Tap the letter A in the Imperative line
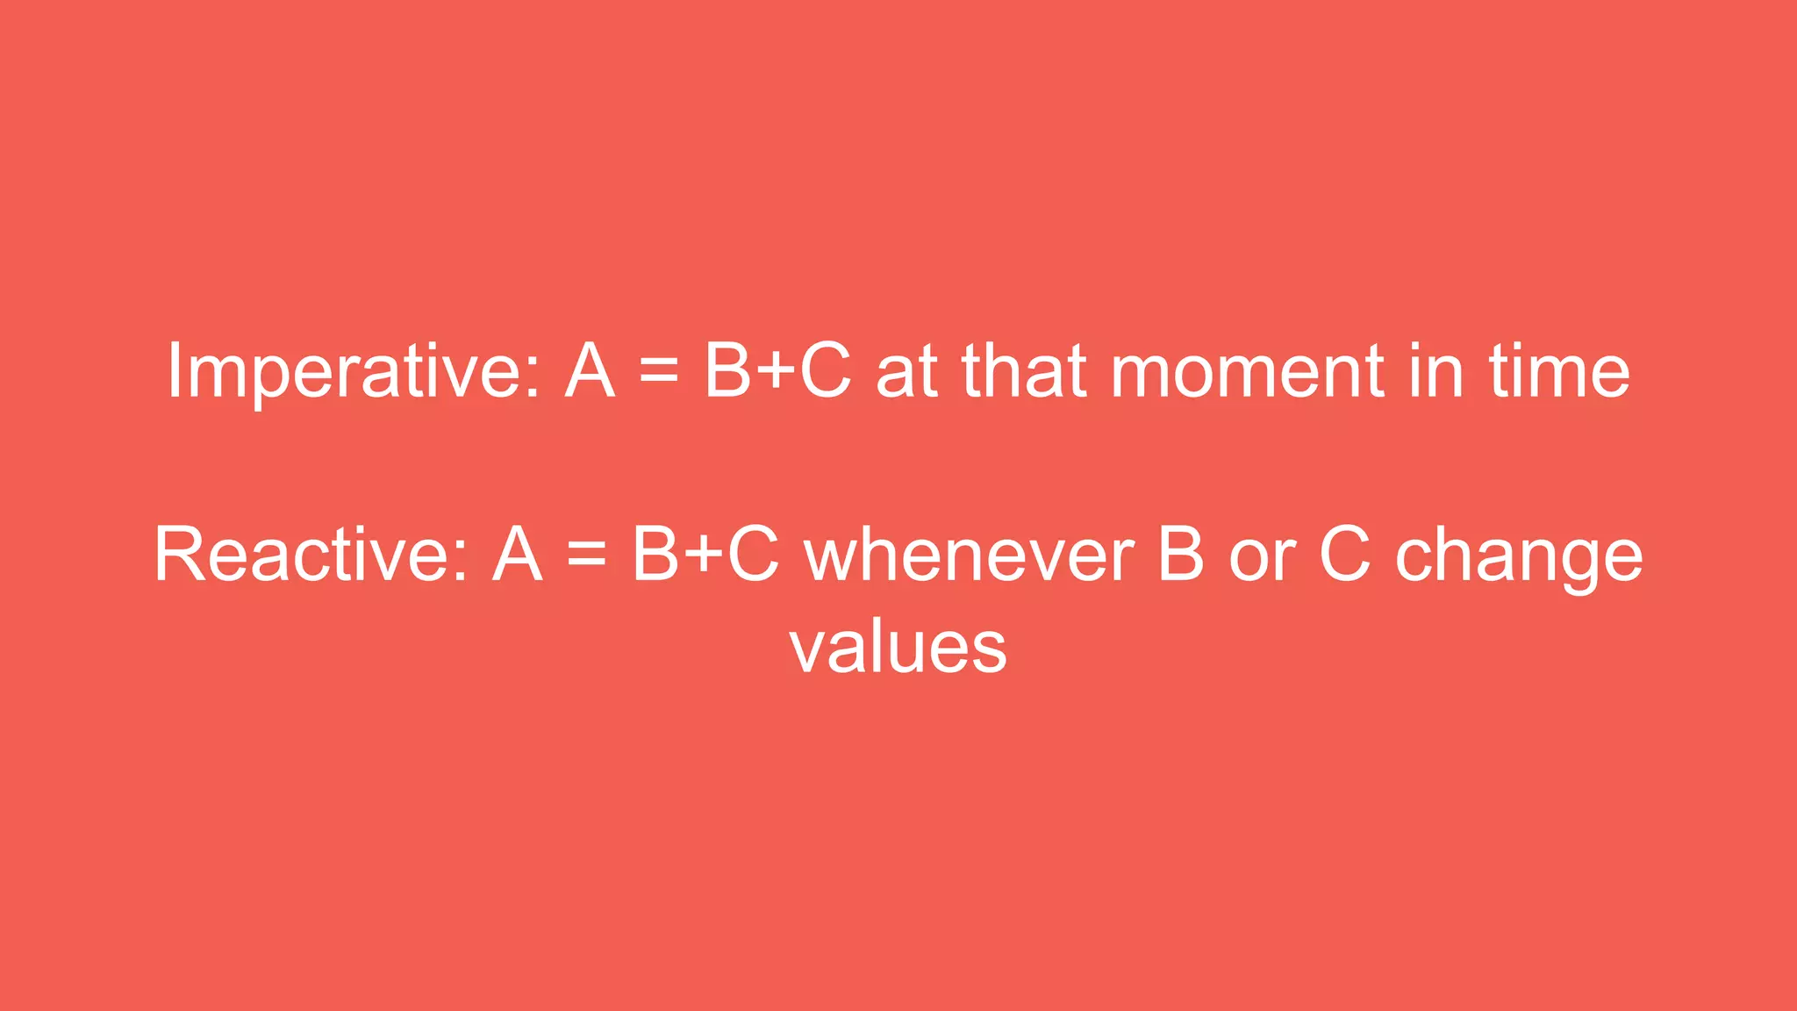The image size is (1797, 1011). tap(589, 370)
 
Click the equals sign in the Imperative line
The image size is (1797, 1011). tap(659, 371)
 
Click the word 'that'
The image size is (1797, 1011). tap(1025, 370)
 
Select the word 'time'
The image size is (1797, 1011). tap(1558, 370)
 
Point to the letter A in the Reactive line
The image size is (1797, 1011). tap(517, 555)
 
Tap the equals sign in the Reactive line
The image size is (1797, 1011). tap(587, 556)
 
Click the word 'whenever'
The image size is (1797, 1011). tap(970, 555)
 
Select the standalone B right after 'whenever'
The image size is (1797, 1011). tap(1181, 555)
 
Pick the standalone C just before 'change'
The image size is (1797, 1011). tap(1344, 555)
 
